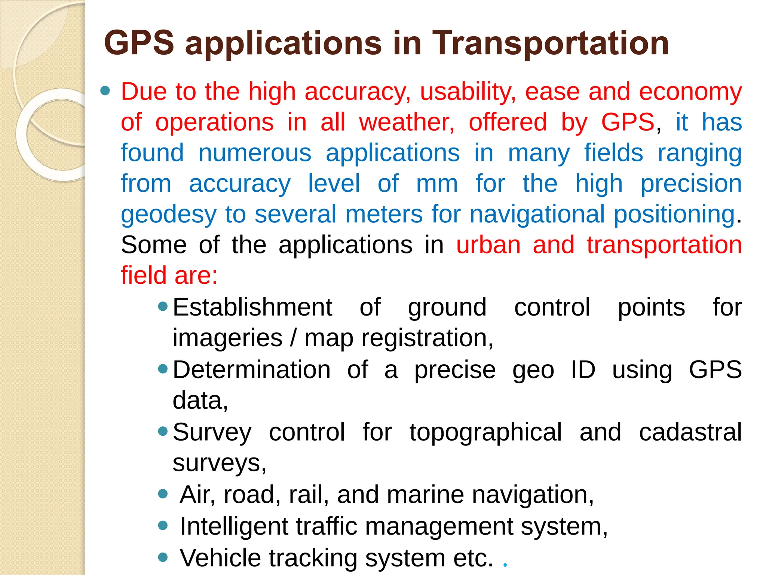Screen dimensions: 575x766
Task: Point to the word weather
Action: (407, 122)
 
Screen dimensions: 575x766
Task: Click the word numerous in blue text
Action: (255, 153)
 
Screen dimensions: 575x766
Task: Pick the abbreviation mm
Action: (437, 184)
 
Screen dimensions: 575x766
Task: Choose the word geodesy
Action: (169, 215)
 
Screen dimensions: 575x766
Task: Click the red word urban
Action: (488, 245)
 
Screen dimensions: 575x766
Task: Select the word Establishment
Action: (252, 307)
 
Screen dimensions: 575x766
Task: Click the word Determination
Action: (252, 370)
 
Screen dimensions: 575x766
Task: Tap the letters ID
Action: (583, 370)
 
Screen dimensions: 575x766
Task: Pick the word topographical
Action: (485, 432)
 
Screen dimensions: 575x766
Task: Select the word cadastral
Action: (690, 432)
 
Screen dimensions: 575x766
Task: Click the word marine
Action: (425, 495)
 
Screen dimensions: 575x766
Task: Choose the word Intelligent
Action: (234, 526)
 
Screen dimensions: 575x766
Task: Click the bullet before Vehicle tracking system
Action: (163, 557)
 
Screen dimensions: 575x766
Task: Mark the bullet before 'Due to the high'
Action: (105, 91)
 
